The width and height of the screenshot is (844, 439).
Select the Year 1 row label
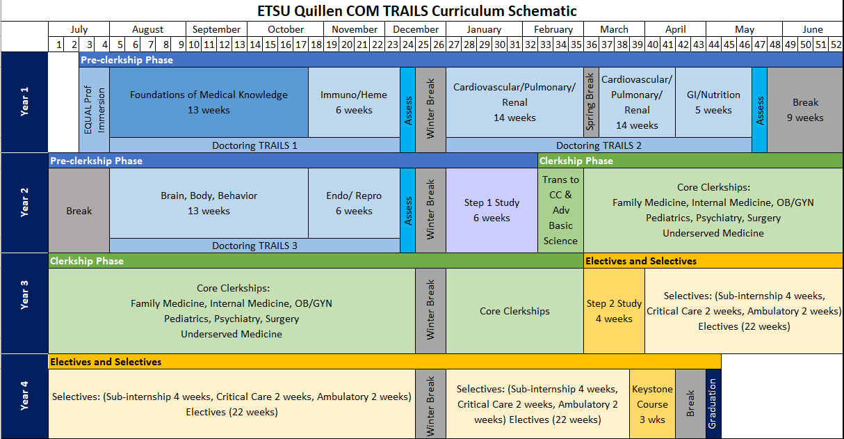click(24, 102)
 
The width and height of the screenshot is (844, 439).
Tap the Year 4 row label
click(24, 396)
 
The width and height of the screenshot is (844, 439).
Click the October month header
click(286, 29)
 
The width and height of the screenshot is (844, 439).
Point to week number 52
click(836, 44)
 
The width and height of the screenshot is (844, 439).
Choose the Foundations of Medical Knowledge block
click(209, 102)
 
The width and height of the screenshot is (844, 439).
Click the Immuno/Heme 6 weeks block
click(354, 102)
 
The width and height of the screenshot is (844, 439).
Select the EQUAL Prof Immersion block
click(94, 110)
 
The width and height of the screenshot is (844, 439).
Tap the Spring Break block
click(591, 102)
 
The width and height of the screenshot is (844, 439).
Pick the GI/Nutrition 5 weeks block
click(713, 102)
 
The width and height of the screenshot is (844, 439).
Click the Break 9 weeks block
click(805, 110)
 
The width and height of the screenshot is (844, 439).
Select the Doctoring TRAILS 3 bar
click(254, 246)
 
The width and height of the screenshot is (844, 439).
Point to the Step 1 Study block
click(492, 210)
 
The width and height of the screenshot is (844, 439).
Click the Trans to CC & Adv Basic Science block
click(560, 210)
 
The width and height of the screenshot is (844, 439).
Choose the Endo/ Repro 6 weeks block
click(354, 203)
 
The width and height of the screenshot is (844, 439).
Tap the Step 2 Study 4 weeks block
click(614, 311)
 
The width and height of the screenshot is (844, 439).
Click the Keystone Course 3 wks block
click(652, 404)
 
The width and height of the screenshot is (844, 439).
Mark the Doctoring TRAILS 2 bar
click(599, 145)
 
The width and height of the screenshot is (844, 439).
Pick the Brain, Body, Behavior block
click(209, 203)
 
